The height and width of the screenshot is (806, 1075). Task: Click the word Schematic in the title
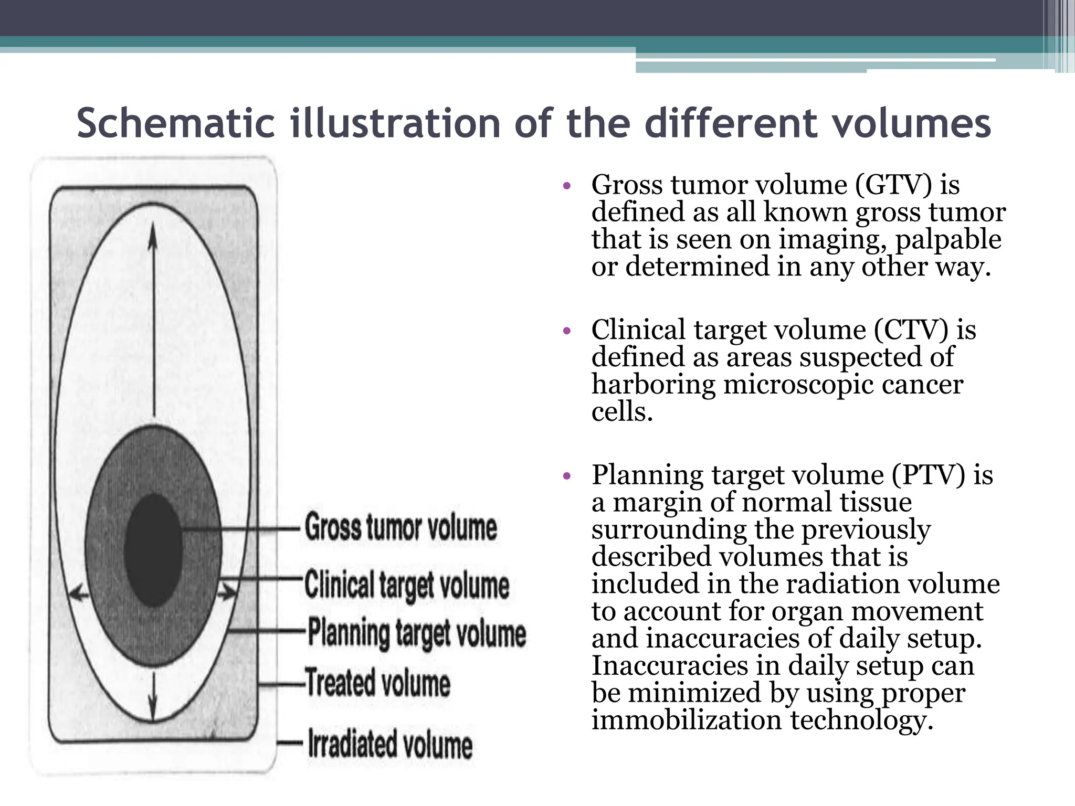tap(175, 124)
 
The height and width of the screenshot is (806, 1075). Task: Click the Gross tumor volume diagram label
tap(401, 527)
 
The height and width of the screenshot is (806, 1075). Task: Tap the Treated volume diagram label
tap(378, 683)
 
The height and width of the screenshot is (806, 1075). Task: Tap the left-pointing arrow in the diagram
tap(79, 593)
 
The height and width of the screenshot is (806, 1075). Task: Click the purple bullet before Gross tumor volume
tap(566, 186)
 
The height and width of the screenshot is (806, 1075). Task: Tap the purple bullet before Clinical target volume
tap(566, 331)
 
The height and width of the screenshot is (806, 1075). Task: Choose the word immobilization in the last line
tap(687, 720)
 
